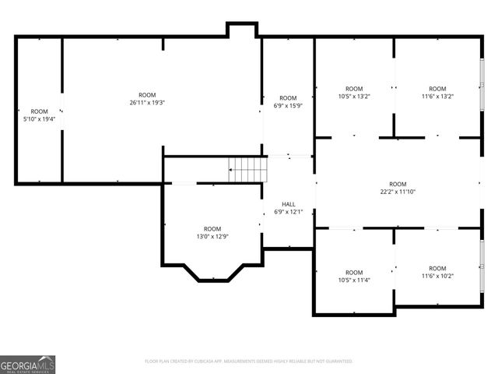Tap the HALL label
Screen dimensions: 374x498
point(288,204)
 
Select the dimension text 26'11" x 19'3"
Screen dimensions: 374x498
point(147,103)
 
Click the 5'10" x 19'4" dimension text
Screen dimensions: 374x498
point(39,119)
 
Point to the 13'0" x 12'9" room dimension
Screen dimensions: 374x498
point(212,236)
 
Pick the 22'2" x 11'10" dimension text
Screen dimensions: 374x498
point(398,192)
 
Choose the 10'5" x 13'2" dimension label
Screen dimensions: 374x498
point(354,97)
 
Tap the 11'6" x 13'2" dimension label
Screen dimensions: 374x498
point(437,97)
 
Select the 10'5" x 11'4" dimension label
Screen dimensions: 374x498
point(354,280)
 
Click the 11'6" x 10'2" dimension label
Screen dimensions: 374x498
point(437,276)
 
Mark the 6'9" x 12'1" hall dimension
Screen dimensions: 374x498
point(288,212)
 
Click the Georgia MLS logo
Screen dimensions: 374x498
point(28,365)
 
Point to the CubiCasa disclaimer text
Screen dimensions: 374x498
point(249,362)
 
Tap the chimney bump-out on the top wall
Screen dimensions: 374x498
point(242,29)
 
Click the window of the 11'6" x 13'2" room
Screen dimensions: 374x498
point(482,86)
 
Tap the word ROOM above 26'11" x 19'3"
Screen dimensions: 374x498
point(147,95)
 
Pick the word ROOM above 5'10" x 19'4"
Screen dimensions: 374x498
point(39,111)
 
